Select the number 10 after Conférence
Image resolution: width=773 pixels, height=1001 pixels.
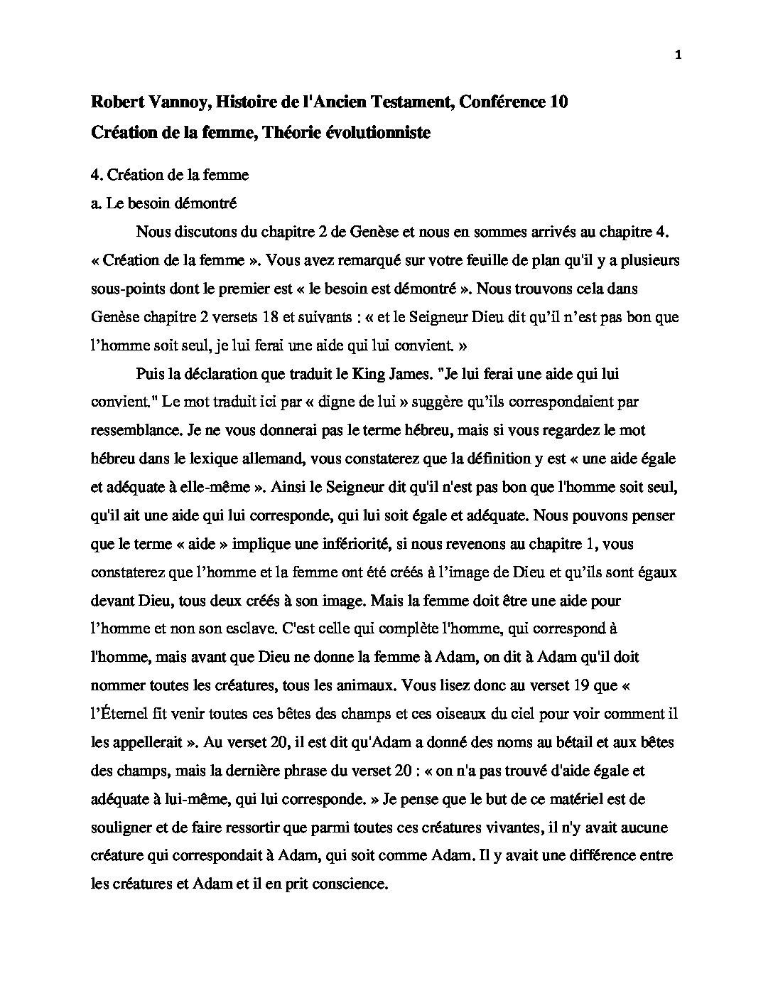pyautogui.click(x=558, y=102)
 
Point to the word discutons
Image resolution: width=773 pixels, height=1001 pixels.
pyautogui.click(x=210, y=232)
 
